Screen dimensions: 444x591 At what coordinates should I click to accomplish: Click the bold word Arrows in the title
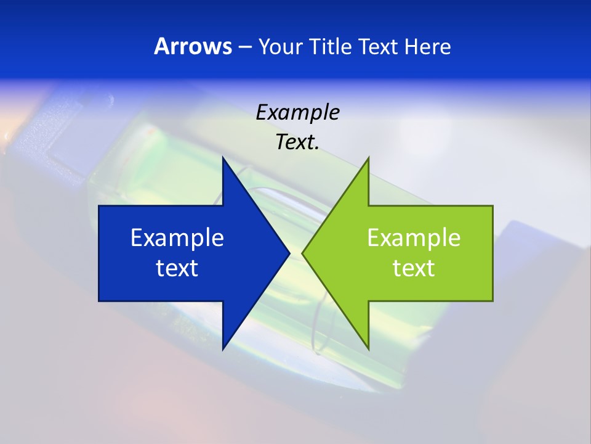coord(193,47)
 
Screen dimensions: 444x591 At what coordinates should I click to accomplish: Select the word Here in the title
coord(427,47)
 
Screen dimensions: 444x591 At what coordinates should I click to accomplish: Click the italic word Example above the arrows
coord(297,112)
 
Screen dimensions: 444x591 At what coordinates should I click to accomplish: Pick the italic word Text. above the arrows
coord(297,142)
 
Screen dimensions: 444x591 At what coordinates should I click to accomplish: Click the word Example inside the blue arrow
coord(177,237)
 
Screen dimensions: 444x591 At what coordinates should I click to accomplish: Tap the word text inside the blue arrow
coord(177,268)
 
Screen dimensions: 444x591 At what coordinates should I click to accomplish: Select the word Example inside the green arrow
coord(414,237)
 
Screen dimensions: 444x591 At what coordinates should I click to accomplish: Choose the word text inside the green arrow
coord(414,268)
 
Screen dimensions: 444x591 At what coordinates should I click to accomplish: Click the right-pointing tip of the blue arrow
coord(289,253)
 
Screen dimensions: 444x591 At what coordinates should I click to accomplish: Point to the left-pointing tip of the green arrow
coord(302,253)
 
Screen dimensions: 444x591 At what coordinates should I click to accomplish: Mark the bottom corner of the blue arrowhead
coord(223,349)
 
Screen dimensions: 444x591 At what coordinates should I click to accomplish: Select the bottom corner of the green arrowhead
coord(368,349)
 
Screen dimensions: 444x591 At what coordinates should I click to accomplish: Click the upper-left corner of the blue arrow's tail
coord(99,206)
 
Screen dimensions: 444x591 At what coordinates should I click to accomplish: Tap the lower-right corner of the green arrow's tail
coord(492,301)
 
